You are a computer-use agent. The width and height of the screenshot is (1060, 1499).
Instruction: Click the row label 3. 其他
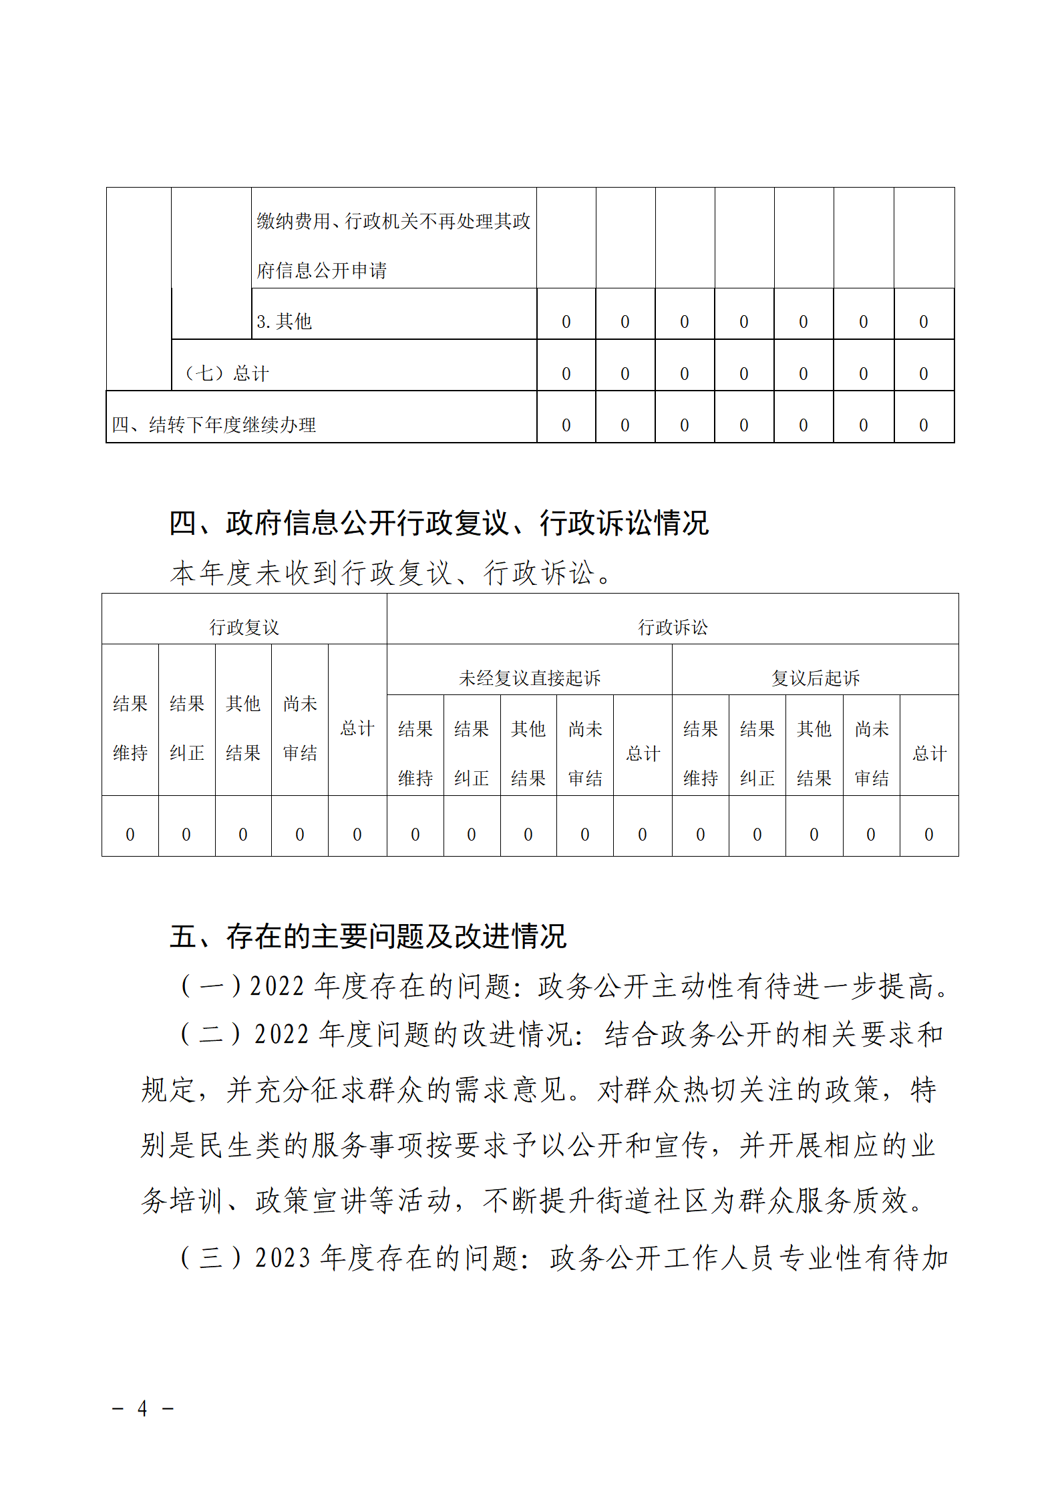(284, 322)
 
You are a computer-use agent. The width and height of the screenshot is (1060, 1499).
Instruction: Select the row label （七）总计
(226, 373)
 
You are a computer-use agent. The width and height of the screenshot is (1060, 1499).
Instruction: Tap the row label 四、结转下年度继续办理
(214, 425)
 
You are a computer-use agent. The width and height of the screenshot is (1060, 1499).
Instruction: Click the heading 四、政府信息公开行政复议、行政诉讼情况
(439, 523)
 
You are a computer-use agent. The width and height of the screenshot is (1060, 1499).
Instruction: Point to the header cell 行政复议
(244, 627)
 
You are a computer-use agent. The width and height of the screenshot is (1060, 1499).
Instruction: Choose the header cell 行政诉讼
(672, 627)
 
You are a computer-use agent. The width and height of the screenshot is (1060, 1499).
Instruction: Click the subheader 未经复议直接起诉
(529, 678)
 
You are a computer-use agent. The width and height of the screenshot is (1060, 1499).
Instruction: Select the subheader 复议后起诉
(815, 678)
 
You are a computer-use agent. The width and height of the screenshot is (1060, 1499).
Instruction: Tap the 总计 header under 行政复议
(357, 728)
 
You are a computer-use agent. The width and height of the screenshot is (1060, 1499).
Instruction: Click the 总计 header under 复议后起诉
(929, 753)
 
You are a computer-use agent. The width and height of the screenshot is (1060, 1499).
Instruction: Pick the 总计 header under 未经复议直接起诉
(643, 753)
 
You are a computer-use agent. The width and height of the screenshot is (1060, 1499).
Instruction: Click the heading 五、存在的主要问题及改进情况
(368, 936)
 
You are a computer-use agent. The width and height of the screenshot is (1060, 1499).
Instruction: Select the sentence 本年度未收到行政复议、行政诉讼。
(391, 573)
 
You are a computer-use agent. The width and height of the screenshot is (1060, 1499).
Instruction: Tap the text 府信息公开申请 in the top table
(321, 270)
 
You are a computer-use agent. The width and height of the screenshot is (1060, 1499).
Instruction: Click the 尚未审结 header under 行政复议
(300, 728)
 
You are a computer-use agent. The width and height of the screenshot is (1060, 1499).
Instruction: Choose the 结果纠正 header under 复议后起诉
(757, 753)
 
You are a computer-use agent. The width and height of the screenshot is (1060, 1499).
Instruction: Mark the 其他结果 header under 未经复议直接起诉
(528, 753)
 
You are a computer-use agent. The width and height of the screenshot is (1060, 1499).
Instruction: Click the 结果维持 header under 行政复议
(130, 728)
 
